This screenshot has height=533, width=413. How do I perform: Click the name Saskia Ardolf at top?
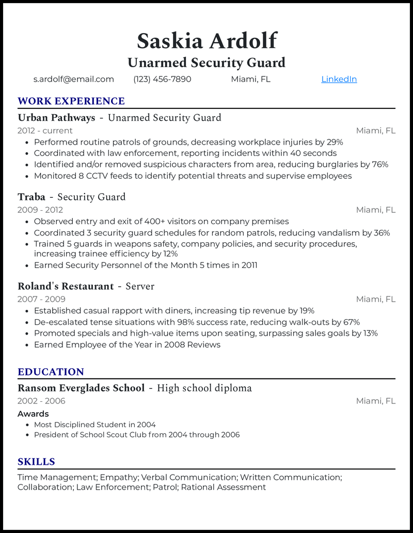click(x=206, y=41)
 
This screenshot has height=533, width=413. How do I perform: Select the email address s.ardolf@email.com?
click(x=73, y=79)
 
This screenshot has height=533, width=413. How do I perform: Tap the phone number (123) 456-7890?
click(x=162, y=79)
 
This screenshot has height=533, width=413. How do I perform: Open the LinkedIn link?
click(x=339, y=79)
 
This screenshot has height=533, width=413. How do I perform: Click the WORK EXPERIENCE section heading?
click(x=71, y=101)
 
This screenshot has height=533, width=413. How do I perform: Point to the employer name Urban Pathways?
click(x=56, y=118)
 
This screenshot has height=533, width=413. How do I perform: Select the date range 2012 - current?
click(x=45, y=131)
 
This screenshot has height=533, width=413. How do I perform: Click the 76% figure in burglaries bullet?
click(x=380, y=164)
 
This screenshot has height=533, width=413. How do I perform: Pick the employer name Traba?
click(x=31, y=197)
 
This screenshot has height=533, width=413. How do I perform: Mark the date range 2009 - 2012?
click(x=40, y=210)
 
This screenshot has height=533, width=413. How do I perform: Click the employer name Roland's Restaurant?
click(x=66, y=286)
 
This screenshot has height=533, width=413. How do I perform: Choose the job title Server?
click(x=140, y=286)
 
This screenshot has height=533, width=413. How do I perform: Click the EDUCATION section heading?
click(x=51, y=372)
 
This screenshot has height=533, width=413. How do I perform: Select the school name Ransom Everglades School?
click(x=81, y=388)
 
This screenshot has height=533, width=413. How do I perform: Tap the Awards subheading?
click(x=33, y=414)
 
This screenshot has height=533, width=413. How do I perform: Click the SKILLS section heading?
click(x=36, y=462)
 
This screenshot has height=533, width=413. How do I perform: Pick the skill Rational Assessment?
click(x=224, y=487)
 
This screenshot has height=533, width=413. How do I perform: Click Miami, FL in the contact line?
click(x=250, y=79)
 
